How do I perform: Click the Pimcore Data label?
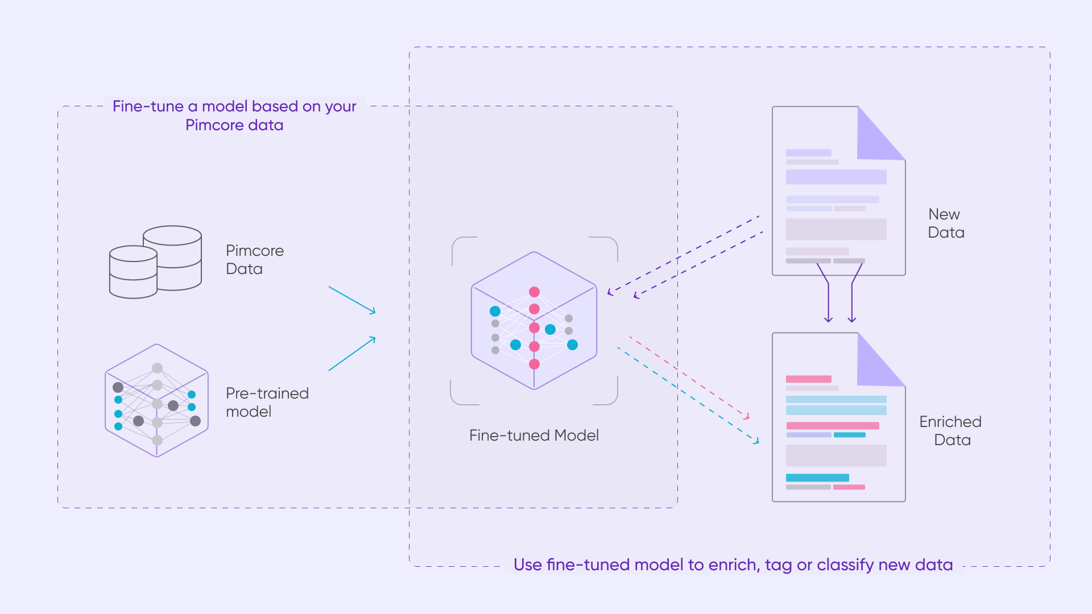[x=254, y=260]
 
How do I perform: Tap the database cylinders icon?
[x=155, y=262]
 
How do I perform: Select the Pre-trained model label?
[x=267, y=403]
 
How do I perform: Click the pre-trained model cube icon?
[x=156, y=400]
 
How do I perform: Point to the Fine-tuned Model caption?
[x=533, y=435]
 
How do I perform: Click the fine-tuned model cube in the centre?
[x=533, y=321]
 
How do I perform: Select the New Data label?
[x=946, y=223]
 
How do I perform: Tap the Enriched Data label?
[x=950, y=431]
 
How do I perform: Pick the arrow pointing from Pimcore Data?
[x=352, y=300]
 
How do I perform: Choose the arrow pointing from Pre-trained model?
[x=352, y=354]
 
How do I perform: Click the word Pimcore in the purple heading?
[x=208, y=125]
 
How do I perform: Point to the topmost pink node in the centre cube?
[x=534, y=292]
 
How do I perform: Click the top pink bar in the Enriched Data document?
[x=808, y=379]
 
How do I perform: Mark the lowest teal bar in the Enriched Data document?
[x=817, y=478]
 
